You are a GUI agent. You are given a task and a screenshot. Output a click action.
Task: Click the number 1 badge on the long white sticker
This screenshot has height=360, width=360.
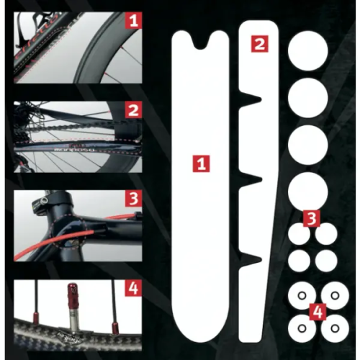(x=202, y=163)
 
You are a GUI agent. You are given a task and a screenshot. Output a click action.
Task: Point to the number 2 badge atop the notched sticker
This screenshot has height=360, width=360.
(x=259, y=43)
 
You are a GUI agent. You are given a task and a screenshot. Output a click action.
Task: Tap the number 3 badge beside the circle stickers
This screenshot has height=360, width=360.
(x=310, y=217)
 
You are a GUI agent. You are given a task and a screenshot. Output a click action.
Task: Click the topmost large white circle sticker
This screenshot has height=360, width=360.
(x=307, y=54)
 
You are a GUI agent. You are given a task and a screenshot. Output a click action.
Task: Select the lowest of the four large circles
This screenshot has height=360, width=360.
(x=307, y=191)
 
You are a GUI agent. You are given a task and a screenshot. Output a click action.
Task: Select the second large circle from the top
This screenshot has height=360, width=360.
(x=307, y=99)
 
